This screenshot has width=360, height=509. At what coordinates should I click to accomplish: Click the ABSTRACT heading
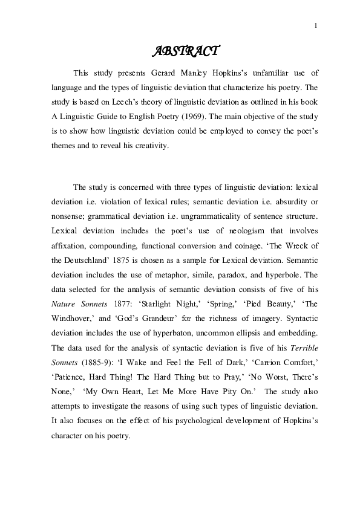coord(184,51)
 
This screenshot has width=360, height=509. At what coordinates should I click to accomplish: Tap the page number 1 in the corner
coord(316,25)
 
